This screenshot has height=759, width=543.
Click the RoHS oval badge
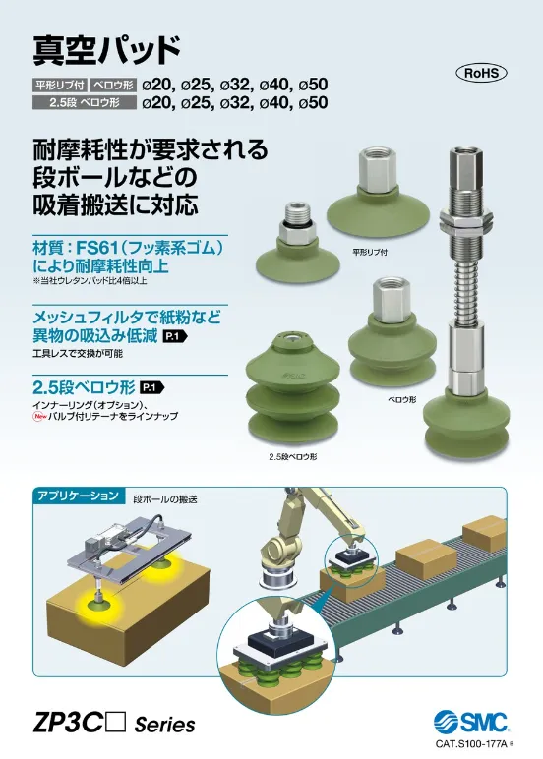pyautogui.click(x=481, y=73)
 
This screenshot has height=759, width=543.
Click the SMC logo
pyautogui.click(x=470, y=724)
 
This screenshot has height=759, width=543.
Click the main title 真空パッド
pyautogui.click(x=107, y=49)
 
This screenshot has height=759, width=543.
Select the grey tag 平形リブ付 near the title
pyautogui.click(x=60, y=86)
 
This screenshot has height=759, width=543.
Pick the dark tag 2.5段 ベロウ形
pyautogui.click(x=84, y=102)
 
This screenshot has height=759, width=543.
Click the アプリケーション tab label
pyautogui.click(x=78, y=496)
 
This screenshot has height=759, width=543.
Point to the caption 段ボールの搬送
pyautogui.click(x=165, y=498)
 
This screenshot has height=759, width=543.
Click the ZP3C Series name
pyautogui.click(x=114, y=725)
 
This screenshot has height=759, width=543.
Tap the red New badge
pyautogui.click(x=37, y=416)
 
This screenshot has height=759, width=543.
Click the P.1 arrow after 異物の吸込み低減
pyautogui.click(x=175, y=336)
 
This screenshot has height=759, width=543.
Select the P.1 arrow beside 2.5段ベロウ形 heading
pyautogui.click(x=152, y=387)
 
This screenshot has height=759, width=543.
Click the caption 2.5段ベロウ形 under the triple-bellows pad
pyautogui.click(x=293, y=456)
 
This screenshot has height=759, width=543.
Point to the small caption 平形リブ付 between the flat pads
pyautogui.click(x=370, y=252)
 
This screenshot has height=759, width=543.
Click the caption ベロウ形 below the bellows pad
pyautogui.click(x=402, y=400)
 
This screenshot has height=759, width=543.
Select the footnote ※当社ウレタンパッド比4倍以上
pyautogui.click(x=90, y=281)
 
